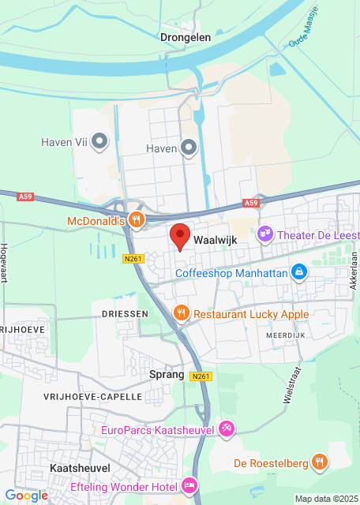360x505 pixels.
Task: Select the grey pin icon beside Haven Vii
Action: point(99,143)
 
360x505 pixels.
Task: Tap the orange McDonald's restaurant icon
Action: point(137,220)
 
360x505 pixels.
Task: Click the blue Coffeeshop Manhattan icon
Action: point(299,273)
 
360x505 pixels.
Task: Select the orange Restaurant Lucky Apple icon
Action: point(181,313)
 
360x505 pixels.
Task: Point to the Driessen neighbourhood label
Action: point(125,313)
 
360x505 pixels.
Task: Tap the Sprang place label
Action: point(167,375)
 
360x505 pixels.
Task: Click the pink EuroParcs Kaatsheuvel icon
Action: point(227,429)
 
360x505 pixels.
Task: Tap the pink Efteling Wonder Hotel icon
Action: point(189,484)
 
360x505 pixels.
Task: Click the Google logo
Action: point(26,495)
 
